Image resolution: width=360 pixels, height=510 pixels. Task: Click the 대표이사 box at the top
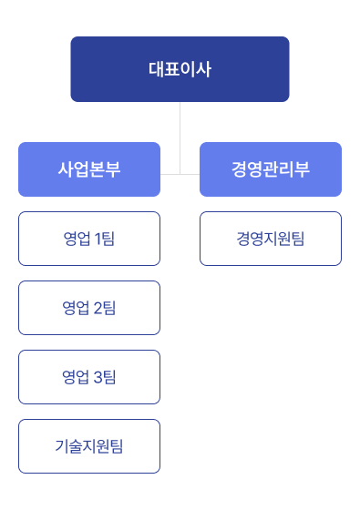tap(180, 68)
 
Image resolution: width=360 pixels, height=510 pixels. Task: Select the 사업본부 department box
tap(88, 169)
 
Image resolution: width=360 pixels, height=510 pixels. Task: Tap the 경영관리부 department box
tap(271, 169)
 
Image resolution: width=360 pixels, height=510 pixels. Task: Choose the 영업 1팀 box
tap(88, 239)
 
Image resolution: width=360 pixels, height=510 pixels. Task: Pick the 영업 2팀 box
tap(88, 308)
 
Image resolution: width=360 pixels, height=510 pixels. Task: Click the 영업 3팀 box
tap(88, 377)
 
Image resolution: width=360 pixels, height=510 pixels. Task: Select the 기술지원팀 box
tap(88, 446)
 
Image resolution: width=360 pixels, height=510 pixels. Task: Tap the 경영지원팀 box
tap(271, 239)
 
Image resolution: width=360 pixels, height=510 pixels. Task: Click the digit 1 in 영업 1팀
tap(98, 239)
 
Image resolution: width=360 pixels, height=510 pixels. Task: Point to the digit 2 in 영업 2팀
tap(98, 308)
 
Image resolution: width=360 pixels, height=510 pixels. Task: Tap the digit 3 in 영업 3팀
tap(98, 377)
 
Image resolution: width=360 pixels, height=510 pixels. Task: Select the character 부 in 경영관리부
tap(302, 169)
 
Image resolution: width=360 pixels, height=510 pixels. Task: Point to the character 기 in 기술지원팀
tap(61, 446)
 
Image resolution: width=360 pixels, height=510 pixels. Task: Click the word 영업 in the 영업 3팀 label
tap(76, 377)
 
